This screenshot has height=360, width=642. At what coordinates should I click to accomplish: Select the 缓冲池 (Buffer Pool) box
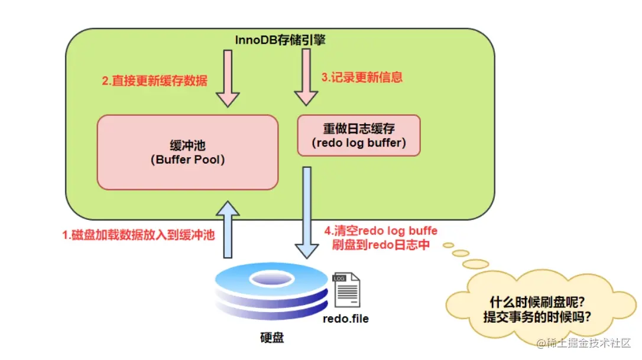pyautogui.click(x=187, y=152)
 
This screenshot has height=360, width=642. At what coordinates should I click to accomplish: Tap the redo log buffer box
pyautogui.click(x=358, y=135)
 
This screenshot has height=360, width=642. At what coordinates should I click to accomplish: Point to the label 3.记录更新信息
pyautogui.click(x=361, y=77)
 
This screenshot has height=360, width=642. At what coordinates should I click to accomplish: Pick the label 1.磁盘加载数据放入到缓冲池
pyautogui.click(x=138, y=235)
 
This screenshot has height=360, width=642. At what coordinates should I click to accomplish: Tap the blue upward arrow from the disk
pyautogui.click(x=228, y=228)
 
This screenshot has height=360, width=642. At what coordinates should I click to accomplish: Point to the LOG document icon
pyautogui.click(x=346, y=289)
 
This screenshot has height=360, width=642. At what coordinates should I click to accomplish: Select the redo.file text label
pyautogui.click(x=345, y=319)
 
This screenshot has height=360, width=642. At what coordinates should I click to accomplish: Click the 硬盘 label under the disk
pyautogui.click(x=272, y=338)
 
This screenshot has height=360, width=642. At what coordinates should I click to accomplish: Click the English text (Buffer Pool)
pyautogui.click(x=187, y=159)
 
